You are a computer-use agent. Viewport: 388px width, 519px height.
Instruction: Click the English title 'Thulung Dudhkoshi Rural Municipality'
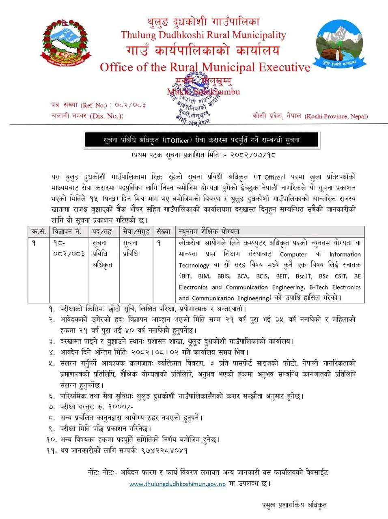[203, 35]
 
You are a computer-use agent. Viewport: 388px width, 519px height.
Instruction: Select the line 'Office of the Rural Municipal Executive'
[205, 67]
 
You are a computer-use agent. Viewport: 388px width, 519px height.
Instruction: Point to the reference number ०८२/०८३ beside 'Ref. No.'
[130, 105]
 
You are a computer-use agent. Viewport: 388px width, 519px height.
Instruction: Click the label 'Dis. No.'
[107, 116]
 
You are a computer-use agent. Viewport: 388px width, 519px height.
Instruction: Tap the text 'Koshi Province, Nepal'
[336, 116]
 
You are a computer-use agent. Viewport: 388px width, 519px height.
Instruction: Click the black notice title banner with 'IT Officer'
[201, 140]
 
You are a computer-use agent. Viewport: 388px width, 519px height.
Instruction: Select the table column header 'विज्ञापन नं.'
[67, 232]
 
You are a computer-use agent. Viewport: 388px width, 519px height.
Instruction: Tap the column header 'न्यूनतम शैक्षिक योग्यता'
[209, 232]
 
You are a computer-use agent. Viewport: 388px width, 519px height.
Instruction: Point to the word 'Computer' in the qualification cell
[293, 254]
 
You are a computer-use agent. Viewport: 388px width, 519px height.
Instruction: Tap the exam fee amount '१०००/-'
[120, 407]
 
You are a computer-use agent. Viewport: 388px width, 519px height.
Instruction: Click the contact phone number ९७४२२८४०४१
[164, 450]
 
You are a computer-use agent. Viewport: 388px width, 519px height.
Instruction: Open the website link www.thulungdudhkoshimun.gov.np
[177, 484]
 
